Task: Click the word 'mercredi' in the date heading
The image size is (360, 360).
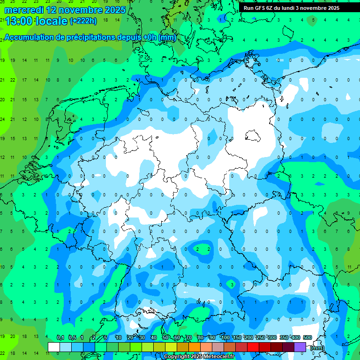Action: click(24, 10)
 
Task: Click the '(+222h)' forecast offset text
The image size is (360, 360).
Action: click(83, 21)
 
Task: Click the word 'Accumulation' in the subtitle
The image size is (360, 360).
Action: click(28, 37)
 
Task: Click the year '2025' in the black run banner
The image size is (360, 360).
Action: click(331, 8)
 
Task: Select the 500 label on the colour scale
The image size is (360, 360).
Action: click(307, 337)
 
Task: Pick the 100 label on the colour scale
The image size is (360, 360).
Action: click(225, 337)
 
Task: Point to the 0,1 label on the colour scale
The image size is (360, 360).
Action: click(60, 337)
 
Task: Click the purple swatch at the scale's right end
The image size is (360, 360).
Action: click(300, 347)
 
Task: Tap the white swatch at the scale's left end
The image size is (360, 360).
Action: click(54, 347)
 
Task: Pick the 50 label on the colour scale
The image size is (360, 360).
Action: click(165, 337)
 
